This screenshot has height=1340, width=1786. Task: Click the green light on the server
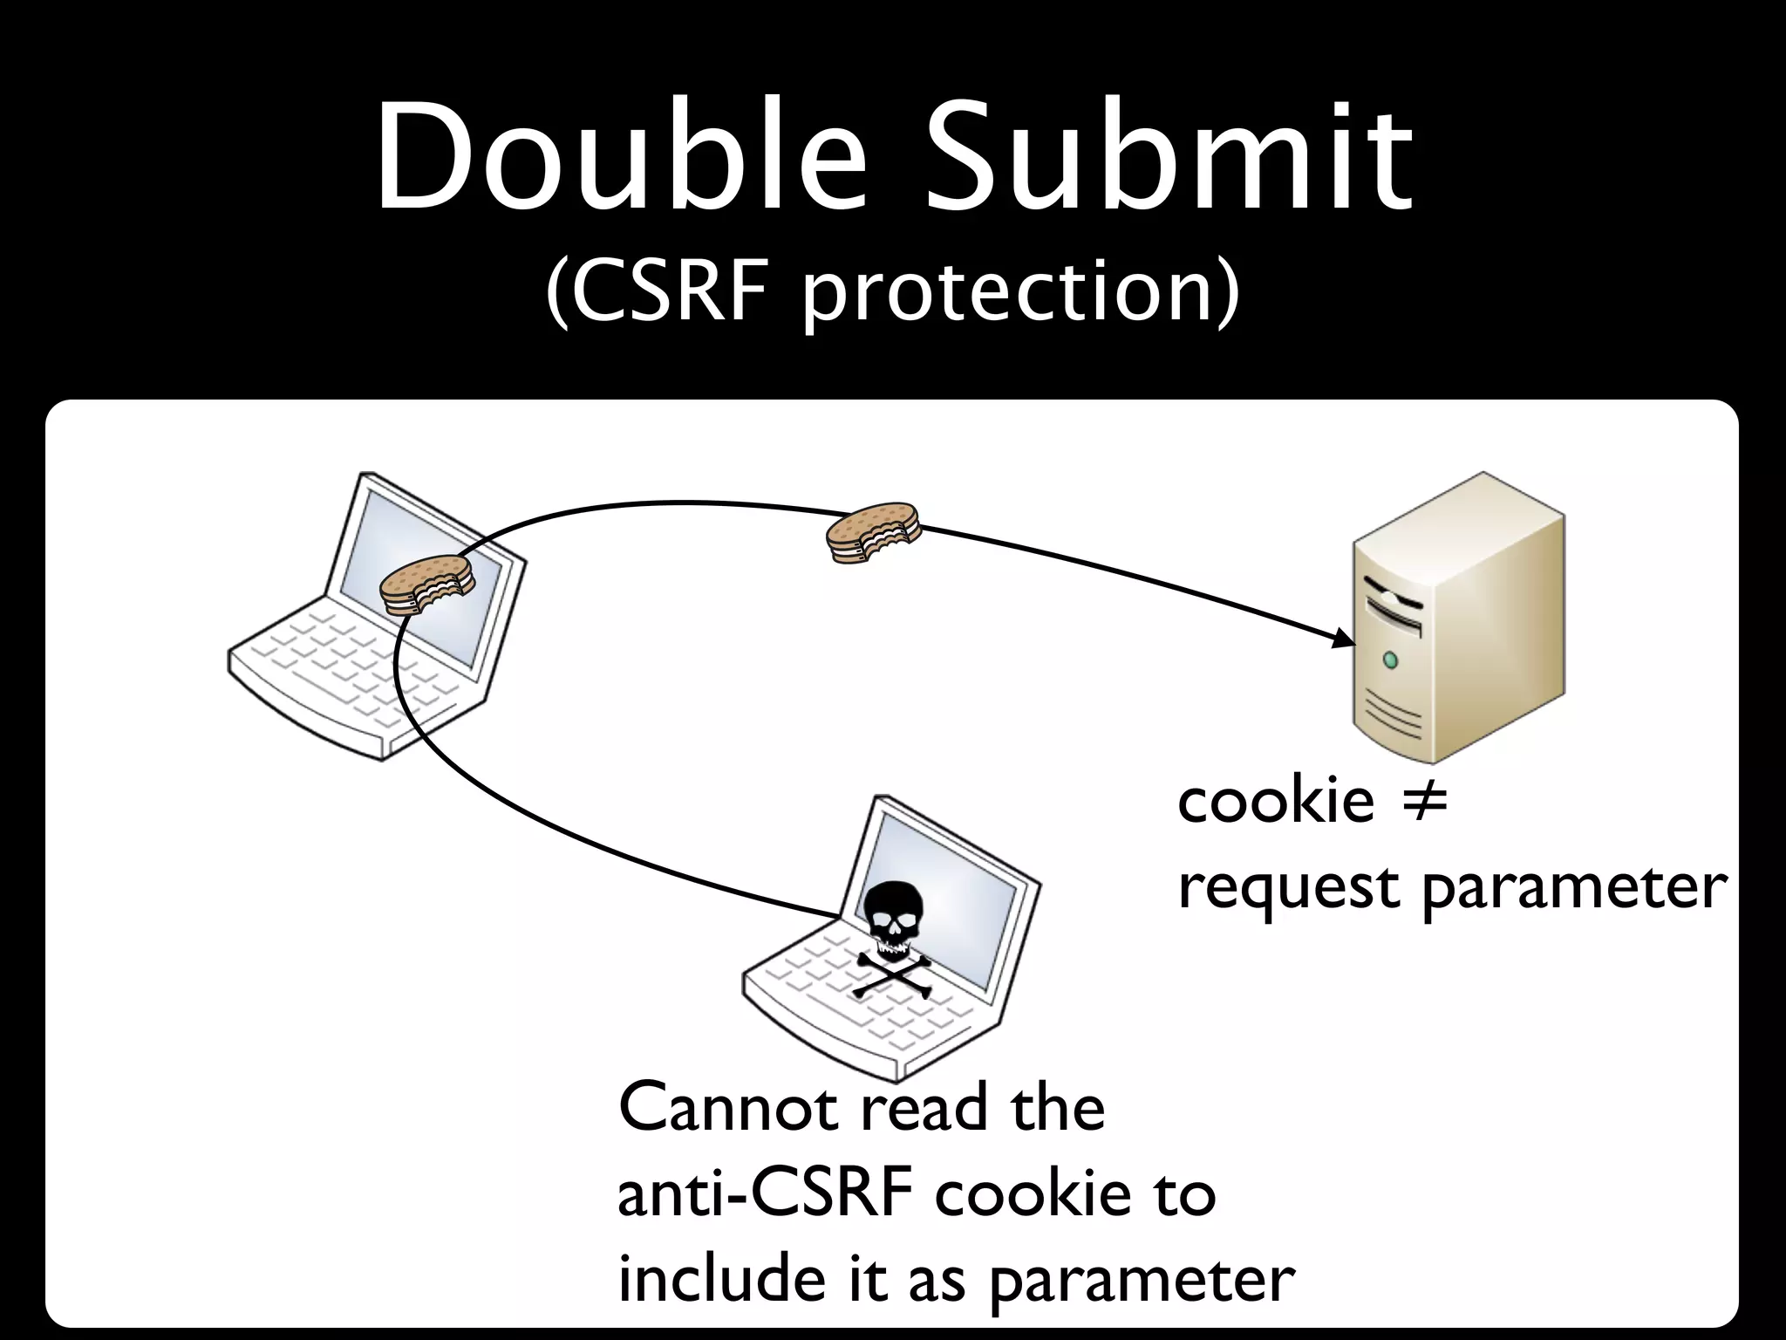pyautogui.click(x=1390, y=660)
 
